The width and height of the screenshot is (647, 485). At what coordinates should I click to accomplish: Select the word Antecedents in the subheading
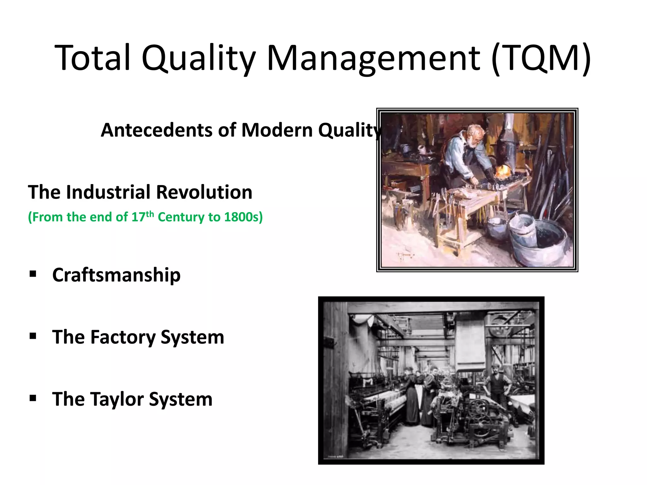(156, 130)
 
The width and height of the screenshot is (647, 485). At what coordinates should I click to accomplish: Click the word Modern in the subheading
(277, 130)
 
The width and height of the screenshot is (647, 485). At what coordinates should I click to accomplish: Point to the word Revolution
(204, 192)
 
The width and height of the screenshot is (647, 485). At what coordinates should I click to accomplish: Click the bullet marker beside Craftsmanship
(33, 273)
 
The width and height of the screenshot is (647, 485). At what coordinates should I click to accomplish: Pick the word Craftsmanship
(116, 275)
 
